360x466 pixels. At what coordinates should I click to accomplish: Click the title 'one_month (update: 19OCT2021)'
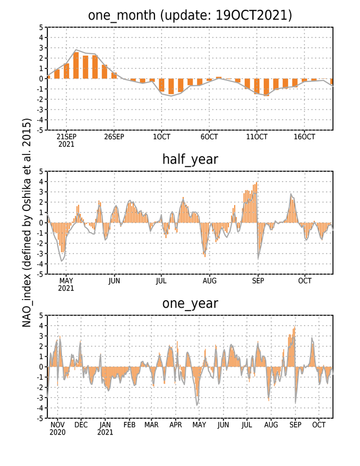pyautogui.click(x=190, y=15)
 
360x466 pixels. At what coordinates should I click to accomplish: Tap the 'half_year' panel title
pyautogui.click(x=190, y=159)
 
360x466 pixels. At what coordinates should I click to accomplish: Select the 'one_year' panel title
pyautogui.click(x=190, y=303)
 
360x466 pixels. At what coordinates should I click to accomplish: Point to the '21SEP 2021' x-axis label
pyautogui.click(x=66, y=141)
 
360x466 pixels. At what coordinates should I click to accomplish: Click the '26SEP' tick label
pyautogui.click(x=114, y=137)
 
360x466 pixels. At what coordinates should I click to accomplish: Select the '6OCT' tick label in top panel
pyautogui.click(x=209, y=137)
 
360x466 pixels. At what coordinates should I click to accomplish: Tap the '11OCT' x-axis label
pyautogui.click(x=257, y=137)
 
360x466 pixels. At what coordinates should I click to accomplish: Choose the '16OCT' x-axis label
pyautogui.click(x=305, y=137)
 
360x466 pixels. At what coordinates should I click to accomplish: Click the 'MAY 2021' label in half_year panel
pyautogui.click(x=66, y=284)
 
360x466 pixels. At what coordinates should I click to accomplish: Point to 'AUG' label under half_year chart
pyautogui.click(x=209, y=281)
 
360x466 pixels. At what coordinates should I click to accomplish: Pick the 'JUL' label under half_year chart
pyautogui.click(x=161, y=281)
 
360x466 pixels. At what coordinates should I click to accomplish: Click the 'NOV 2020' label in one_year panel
pyautogui.click(x=58, y=428)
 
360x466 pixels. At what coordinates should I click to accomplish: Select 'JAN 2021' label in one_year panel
pyautogui.click(x=105, y=428)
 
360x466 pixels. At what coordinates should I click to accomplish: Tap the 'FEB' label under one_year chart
pyautogui.click(x=129, y=425)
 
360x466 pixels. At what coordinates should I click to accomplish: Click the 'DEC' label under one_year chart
pyautogui.click(x=81, y=425)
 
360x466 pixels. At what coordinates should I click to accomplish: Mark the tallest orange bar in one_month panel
pyautogui.click(x=76, y=65)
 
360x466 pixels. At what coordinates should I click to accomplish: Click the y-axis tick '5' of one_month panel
pyautogui.click(x=41, y=28)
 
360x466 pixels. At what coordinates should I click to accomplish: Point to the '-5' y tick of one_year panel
pyautogui.click(x=40, y=419)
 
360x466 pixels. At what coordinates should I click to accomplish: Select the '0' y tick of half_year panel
pyautogui.click(x=41, y=223)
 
